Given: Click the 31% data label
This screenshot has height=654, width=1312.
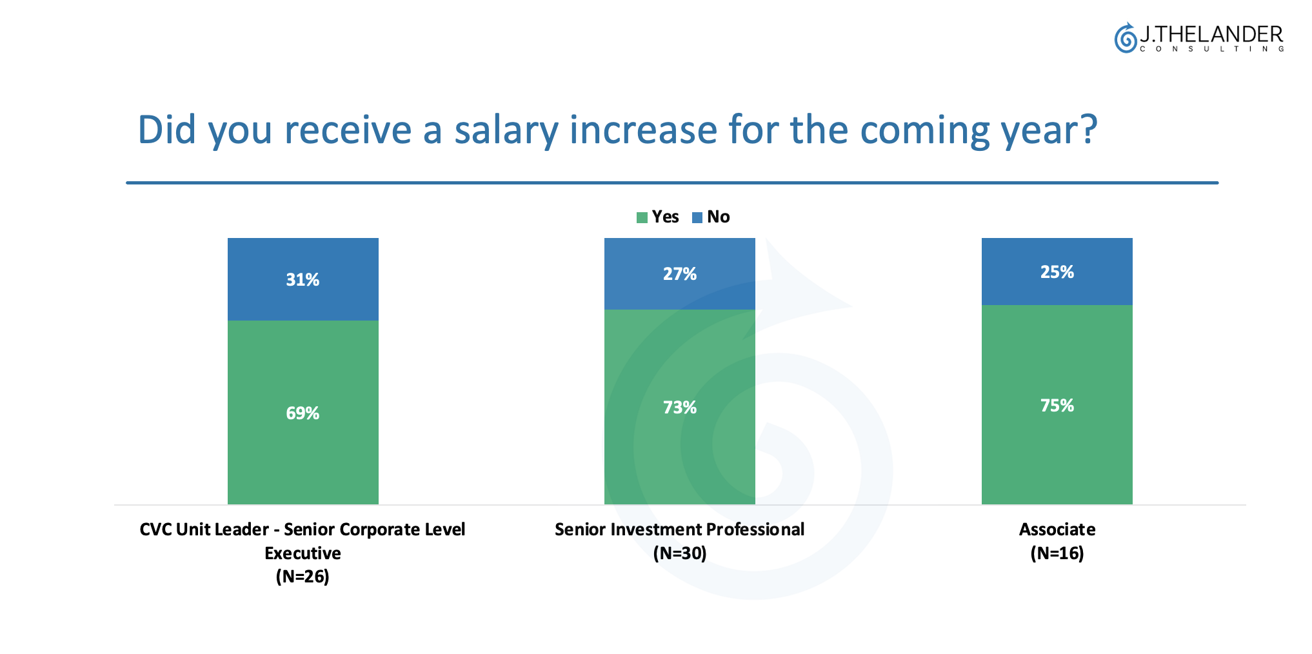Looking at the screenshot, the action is (x=303, y=279).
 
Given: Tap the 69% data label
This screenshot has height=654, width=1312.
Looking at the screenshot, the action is (x=303, y=413).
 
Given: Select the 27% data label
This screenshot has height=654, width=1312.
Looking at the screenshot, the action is (x=680, y=274).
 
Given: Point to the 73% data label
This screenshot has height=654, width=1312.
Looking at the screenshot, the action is (x=680, y=408).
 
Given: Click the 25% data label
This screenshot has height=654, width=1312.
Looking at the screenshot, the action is (x=1057, y=272).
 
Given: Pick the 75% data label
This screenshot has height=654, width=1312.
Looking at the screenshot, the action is (x=1057, y=406).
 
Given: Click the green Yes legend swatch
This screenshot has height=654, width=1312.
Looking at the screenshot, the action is (x=642, y=217).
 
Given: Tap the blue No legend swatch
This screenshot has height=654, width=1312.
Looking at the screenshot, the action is (x=697, y=217).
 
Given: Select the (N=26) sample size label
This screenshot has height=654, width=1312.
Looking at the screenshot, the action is (x=303, y=577).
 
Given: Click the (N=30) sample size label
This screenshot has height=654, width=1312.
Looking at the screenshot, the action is (x=680, y=553).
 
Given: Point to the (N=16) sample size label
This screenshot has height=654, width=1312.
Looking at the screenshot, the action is (x=1057, y=553).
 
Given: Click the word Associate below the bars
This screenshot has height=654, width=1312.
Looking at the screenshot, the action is (x=1057, y=530).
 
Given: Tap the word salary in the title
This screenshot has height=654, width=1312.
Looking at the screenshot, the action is (x=506, y=131).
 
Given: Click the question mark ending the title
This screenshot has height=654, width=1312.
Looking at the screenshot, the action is (x=1089, y=129).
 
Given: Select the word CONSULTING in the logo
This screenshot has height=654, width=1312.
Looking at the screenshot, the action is (x=1212, y=49).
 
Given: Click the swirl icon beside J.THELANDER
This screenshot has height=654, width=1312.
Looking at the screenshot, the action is (x=1126, y=38).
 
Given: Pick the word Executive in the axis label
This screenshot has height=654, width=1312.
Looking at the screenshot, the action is (x=303, y=553).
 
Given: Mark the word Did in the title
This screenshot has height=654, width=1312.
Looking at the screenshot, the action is (x=167, y=129).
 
